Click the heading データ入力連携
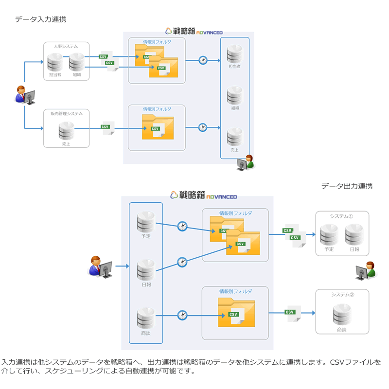point(40,19)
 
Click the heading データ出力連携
point(347,186)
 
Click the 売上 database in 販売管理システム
point(66,131)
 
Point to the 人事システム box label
point(66,46)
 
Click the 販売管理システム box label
point(67,113)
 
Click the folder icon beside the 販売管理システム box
point(158,127)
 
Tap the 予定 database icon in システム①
point(329,234)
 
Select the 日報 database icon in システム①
point(354,234)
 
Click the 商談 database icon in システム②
point(342,315)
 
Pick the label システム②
point(342,295)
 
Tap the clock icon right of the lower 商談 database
point(182,315)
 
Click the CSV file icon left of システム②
point(292,314)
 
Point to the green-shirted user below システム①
point(367,271)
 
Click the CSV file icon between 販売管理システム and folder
point(107,128)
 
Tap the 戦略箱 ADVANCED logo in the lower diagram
point(204,196)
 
